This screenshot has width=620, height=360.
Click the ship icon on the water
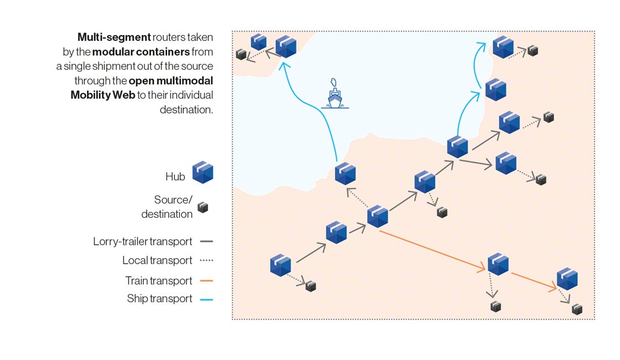334,95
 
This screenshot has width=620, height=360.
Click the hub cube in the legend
203,173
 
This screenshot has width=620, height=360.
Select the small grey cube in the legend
204,208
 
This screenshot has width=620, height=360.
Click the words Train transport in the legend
159,281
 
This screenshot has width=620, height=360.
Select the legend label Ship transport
159,299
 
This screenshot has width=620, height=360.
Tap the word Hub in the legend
175,177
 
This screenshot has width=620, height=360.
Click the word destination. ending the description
186,109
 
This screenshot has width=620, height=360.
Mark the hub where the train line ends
567,279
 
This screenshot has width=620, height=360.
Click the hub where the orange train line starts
378,217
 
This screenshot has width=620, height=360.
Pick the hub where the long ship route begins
345,173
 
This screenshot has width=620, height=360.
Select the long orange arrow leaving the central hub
432,250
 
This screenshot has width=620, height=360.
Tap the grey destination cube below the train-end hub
577,309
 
